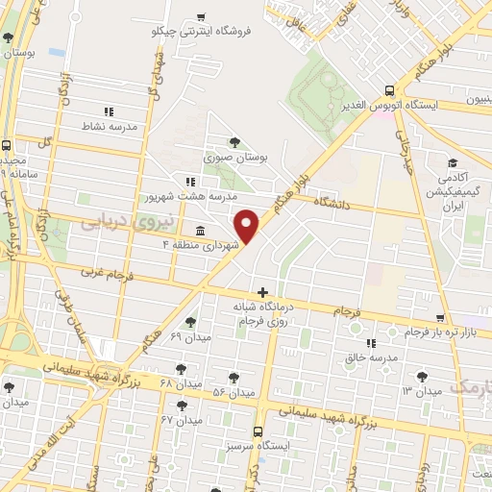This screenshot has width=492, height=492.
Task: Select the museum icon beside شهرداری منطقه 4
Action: click(x=199, y=232)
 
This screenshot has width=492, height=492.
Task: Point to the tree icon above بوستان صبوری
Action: click(x=234, y=142)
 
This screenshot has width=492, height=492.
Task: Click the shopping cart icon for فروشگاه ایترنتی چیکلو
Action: click(x=200, y=16)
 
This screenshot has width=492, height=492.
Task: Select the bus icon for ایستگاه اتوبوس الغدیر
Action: click(x=386, y=86)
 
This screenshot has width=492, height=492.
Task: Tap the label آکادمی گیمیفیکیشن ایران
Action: click(x=451, y=192)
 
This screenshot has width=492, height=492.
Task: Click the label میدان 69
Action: click(x=189, y=336)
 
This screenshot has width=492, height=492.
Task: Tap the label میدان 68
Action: click(x=179, y=382)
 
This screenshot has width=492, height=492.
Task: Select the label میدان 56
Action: click(x=233, y=392)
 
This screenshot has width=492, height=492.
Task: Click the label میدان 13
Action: click(x=421, y=390)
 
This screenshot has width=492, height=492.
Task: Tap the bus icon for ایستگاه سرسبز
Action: click(x=258, y=432)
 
